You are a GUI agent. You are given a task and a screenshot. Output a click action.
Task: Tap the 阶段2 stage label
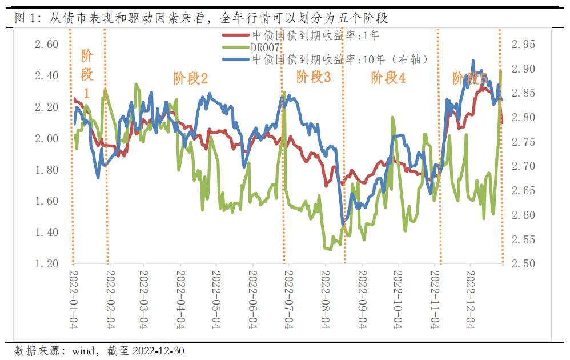[x=190, y=78]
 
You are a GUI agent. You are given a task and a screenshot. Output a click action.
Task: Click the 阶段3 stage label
[x=313, y=77]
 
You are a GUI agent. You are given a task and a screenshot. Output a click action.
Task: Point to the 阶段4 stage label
[x=388, y=78]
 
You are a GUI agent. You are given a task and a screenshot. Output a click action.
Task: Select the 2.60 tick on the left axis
[x=43, y=45]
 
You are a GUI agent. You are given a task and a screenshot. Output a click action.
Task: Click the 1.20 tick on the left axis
[x=43, y=263]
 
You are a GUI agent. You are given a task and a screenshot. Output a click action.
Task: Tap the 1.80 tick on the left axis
[x=43, y=170]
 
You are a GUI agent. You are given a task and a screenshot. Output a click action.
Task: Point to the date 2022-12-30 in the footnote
[x=158, y=350]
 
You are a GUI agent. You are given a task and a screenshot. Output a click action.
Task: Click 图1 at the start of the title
[x=26, y=18]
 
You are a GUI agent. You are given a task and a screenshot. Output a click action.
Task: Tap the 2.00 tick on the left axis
[x=43, y=138]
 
